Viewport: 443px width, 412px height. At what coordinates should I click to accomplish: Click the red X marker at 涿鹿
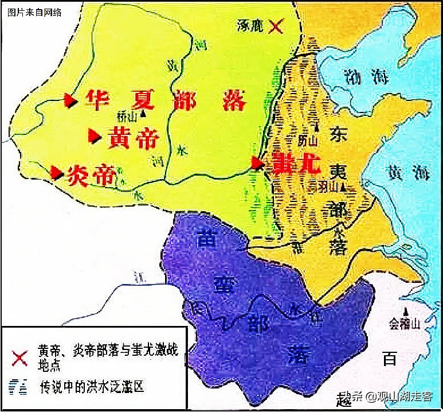276,26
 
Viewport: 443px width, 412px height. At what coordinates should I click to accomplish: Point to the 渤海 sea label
356,76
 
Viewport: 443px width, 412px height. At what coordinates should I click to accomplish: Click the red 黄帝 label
132,138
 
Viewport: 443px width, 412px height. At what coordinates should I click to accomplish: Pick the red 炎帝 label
92,174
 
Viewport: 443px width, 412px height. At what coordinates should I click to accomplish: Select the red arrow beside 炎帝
56,172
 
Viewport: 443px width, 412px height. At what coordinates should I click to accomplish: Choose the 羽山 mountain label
324,186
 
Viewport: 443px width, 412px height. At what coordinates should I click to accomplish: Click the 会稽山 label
405,324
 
